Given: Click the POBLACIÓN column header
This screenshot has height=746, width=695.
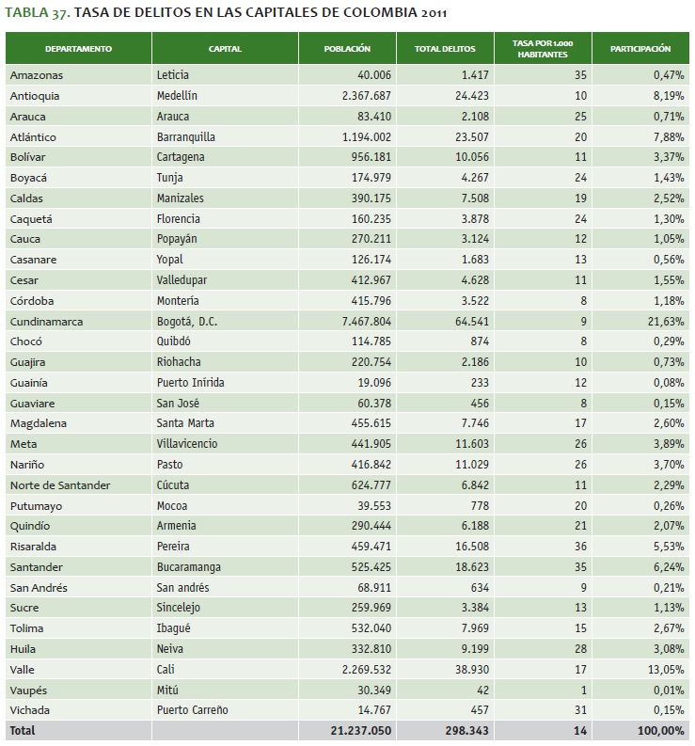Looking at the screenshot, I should [346, 48].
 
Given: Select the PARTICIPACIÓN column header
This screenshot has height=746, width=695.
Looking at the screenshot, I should [640, 48].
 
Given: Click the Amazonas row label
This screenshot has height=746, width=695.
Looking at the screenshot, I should [37, 75].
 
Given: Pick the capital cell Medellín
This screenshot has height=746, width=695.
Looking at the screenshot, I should [177, 96].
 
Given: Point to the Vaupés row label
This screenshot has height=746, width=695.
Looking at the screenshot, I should [29, 689].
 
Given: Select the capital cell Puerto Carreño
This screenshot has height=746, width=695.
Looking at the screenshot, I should [193, 709].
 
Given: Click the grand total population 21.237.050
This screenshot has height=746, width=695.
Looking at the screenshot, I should [357, 730].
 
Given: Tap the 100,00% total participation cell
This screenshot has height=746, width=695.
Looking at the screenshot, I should [660, 730].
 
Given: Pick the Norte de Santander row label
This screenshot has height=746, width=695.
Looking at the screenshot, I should [60, 484].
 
